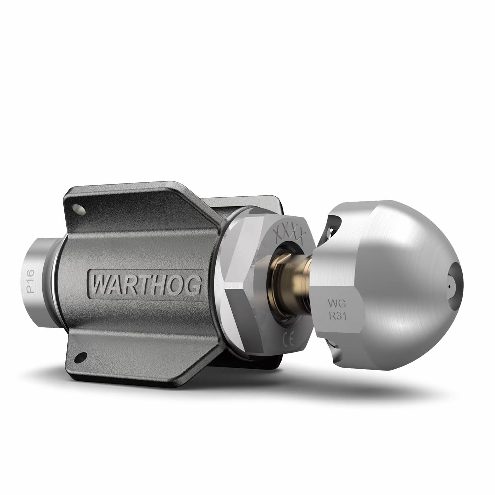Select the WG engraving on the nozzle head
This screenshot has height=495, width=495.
(x=334, y=301)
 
